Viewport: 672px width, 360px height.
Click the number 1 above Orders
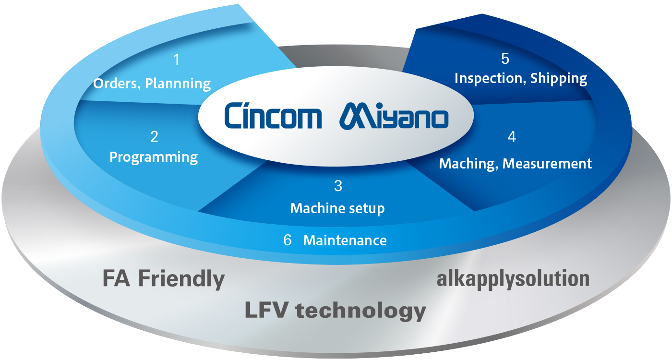coord(177,60)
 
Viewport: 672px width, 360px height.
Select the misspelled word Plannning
coord(178,84)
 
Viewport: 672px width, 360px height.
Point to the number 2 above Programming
coord(154,137)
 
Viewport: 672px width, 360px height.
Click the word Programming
coord(154,157)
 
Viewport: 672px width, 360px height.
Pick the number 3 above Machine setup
coord(338,186)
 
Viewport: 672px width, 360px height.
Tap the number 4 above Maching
coord(512,137)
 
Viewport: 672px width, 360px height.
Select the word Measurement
coord(547,164)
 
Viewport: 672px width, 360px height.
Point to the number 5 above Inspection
coord(505,59)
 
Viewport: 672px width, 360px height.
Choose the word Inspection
coord(491,79)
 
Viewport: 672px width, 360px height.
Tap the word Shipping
coord(559,79)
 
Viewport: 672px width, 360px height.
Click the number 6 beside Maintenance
coord(288,240)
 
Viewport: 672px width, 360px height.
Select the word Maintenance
coord(345,240)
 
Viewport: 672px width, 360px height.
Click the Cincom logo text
coord(273,116)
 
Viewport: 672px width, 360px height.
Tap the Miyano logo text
coord(394,116)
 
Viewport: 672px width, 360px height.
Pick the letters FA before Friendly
coord(116,278)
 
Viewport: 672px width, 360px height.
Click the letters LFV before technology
coord(267,310)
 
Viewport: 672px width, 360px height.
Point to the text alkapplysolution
coord(513,279)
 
